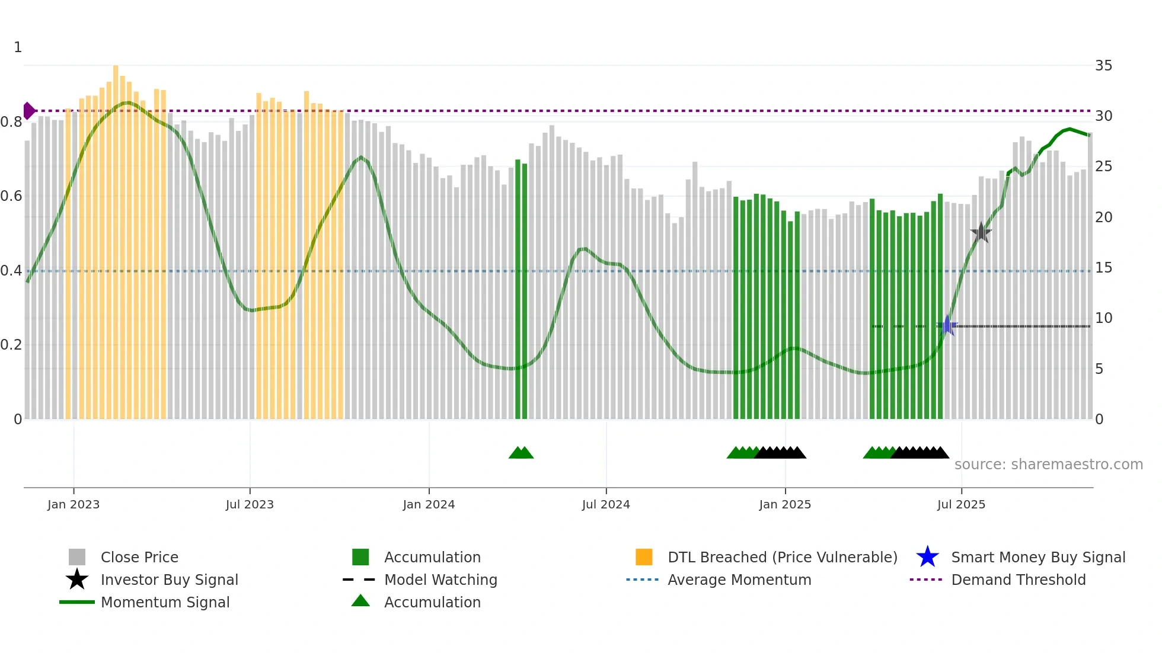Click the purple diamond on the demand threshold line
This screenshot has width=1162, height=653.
[x=28, y=111]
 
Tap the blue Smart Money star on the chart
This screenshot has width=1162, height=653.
[x=947, y=325]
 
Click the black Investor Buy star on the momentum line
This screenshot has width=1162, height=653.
[x=981, y=232]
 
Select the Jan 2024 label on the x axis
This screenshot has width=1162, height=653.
[x=429, y=505]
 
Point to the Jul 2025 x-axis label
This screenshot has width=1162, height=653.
[x=961, y=505]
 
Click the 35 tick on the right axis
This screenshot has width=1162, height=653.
[x=1103, y=66]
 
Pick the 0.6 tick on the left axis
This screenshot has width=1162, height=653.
[x=12, y=196]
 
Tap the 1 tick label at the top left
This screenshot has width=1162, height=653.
[x=18, y=47]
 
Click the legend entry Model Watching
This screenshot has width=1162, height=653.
[x=440, y=580]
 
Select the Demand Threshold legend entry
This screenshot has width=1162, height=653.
[x=1018, y=580]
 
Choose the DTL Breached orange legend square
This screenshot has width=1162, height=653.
[x=644, y=557]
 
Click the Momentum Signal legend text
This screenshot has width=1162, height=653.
[x=165, y=603]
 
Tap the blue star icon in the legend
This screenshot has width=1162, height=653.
[x=927, y=557]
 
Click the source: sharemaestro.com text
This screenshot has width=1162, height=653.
[x=1048, y=465]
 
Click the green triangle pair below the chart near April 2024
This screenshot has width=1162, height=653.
[x=521, y=453]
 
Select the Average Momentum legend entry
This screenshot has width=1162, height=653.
[x=739, y=580]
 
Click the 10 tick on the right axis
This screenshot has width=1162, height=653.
[x=1103, y=318]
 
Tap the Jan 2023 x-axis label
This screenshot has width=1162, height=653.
[x=74, y=505]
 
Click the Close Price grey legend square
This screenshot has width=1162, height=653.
[x=77, y=557]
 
